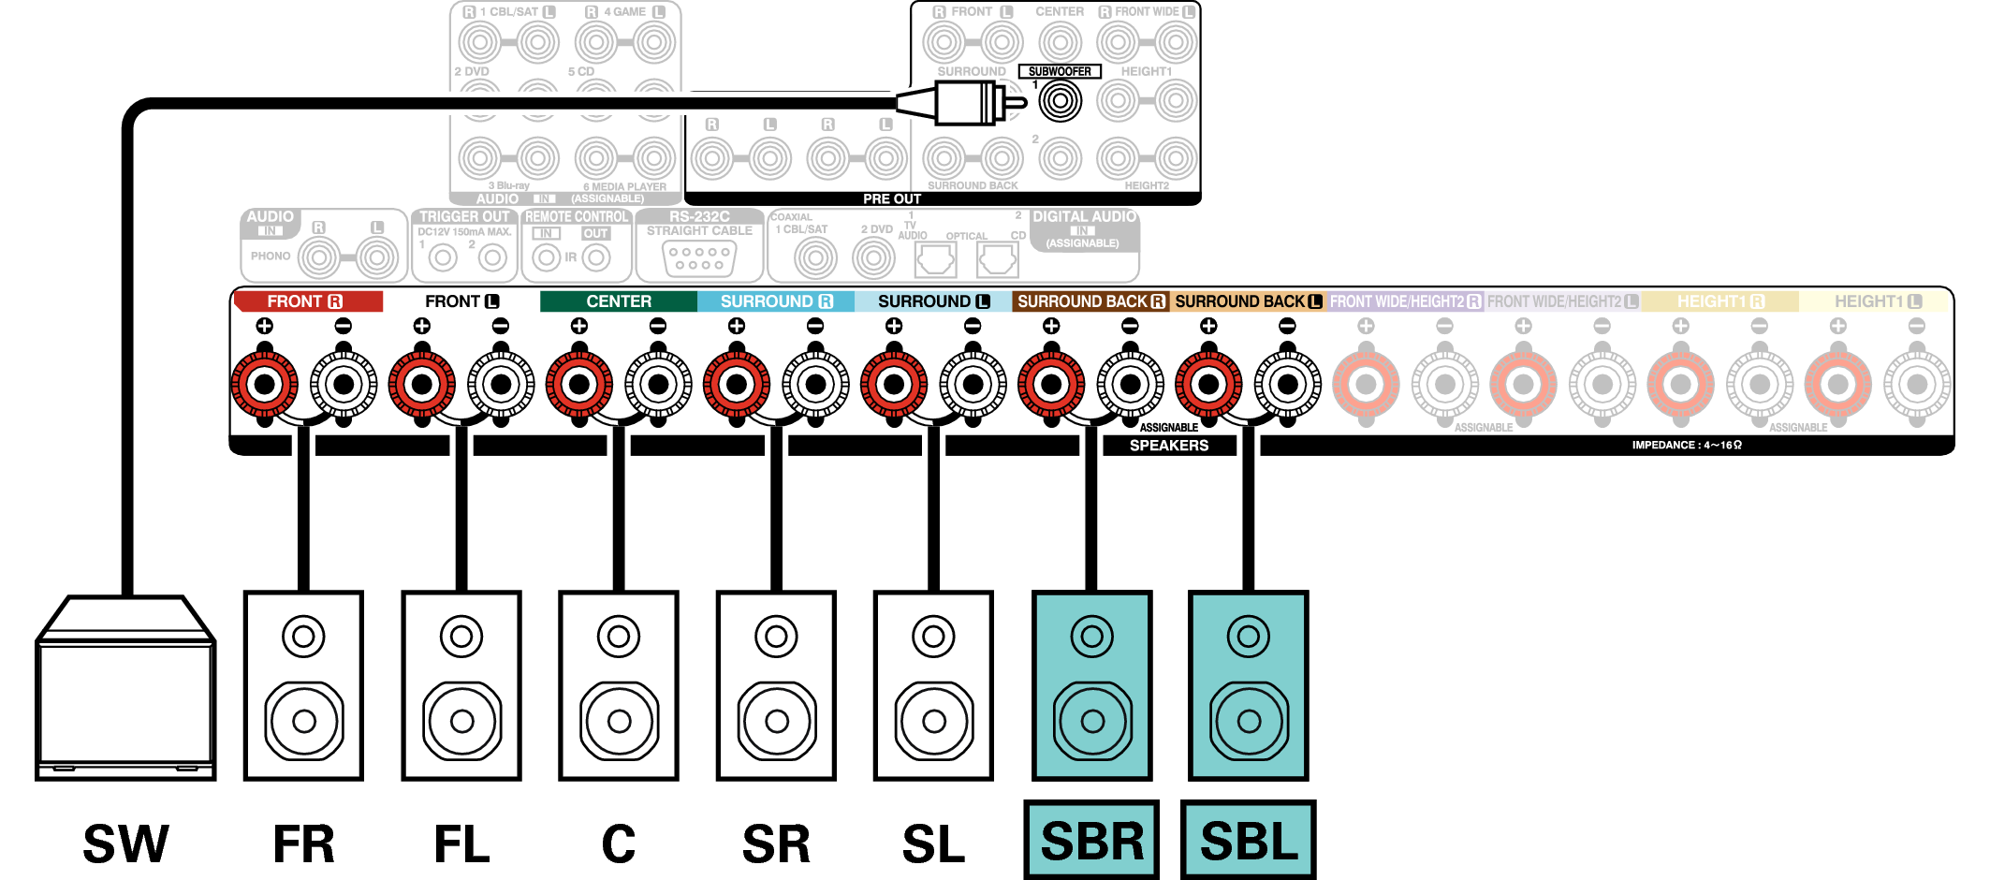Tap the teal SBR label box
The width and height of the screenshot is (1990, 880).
tap(1091, 840)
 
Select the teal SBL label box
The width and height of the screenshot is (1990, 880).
tap(1249, 840)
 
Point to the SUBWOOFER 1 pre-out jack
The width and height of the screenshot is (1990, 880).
tap(1060, 101)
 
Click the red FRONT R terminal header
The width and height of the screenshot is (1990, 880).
tap(307, 301)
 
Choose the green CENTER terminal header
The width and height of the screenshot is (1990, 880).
tap(618, 301)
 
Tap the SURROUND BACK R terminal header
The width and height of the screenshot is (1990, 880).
tap(1090, 301)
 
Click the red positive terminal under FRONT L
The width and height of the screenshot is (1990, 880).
tap(422, 384)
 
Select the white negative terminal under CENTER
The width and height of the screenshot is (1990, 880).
tap(658, 384)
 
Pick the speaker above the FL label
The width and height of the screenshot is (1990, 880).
tap(461, 685)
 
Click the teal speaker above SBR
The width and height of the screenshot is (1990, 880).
tap(1091, 685)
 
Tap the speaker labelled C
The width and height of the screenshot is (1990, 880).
tap(619, 685)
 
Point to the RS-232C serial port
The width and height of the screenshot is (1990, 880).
tap(699, 258)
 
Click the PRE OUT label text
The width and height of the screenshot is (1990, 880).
tap(892, 198)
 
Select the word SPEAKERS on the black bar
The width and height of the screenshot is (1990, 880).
tap(1169, 446)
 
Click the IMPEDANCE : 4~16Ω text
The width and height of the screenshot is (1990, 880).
tap(1687, 446)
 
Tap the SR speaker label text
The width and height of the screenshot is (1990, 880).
tap(776, 843)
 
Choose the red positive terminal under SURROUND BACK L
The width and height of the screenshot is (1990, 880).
tap(1208, 384)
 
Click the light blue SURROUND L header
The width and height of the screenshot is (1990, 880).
tap(932, 301)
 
